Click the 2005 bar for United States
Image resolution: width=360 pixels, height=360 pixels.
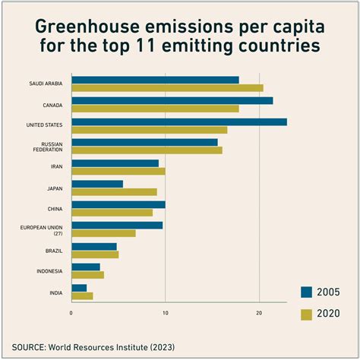point(179,122)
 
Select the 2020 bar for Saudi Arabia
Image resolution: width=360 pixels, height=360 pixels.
point(167,88)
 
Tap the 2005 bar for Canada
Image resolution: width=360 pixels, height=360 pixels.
point(172,100)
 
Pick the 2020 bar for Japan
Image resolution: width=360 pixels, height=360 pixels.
point(114,192)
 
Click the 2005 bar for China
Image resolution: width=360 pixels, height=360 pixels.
point(118,204)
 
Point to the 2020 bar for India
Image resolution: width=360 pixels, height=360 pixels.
point(82,295)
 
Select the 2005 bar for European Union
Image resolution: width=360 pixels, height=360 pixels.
point(117,226)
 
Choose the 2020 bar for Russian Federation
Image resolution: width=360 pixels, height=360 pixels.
point(147,150)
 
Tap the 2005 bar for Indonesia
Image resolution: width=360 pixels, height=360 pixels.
point(86,267)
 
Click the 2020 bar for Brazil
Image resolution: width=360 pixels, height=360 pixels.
point(95,254)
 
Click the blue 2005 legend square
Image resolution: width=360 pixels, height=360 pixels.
point(307,292)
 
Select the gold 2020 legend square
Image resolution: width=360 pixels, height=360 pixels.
point(307,314)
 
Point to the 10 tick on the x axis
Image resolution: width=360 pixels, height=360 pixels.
point(165,312)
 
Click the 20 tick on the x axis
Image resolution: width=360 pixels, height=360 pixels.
point(259,312)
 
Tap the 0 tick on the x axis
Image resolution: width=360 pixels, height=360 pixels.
point(71,312)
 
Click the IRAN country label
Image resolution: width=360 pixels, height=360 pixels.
point(57,166)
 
